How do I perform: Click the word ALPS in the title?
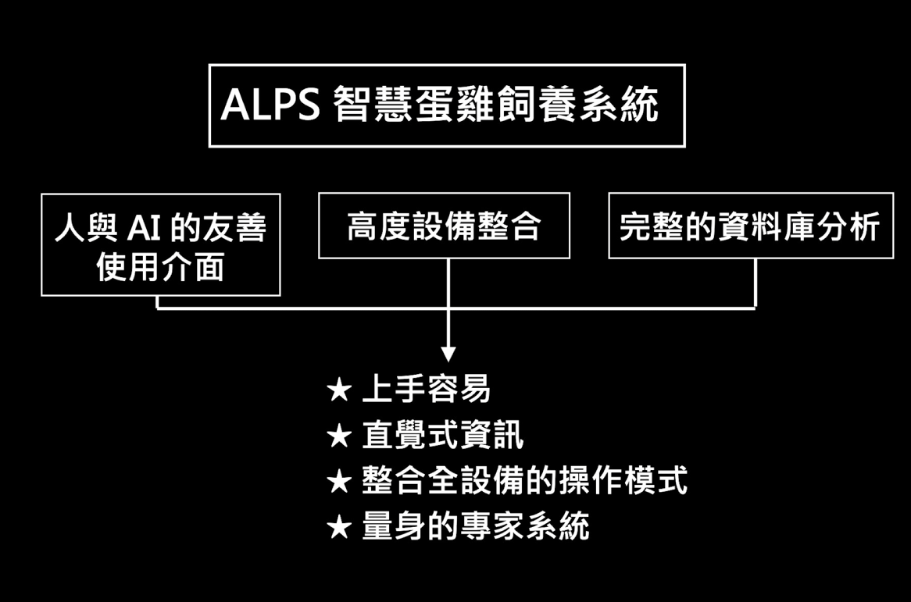(x=270, y=105)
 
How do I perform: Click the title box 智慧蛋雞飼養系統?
(x=446, y=105)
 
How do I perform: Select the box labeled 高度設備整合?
(x=444, y=226)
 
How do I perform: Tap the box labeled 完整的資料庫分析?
(x=750, y=226)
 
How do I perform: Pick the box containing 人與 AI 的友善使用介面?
(x=160, y=245)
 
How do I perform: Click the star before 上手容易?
(x=340, y=390)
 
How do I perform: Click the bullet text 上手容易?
(x=427, y=389)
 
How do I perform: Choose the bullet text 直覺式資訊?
(x=443, y=436)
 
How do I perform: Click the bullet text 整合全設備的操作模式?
(x=524, y=481)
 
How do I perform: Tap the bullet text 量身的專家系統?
(x=476, y=527)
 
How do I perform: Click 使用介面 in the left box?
(x=160, y=267)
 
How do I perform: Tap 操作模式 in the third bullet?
(x=623, y=481)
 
